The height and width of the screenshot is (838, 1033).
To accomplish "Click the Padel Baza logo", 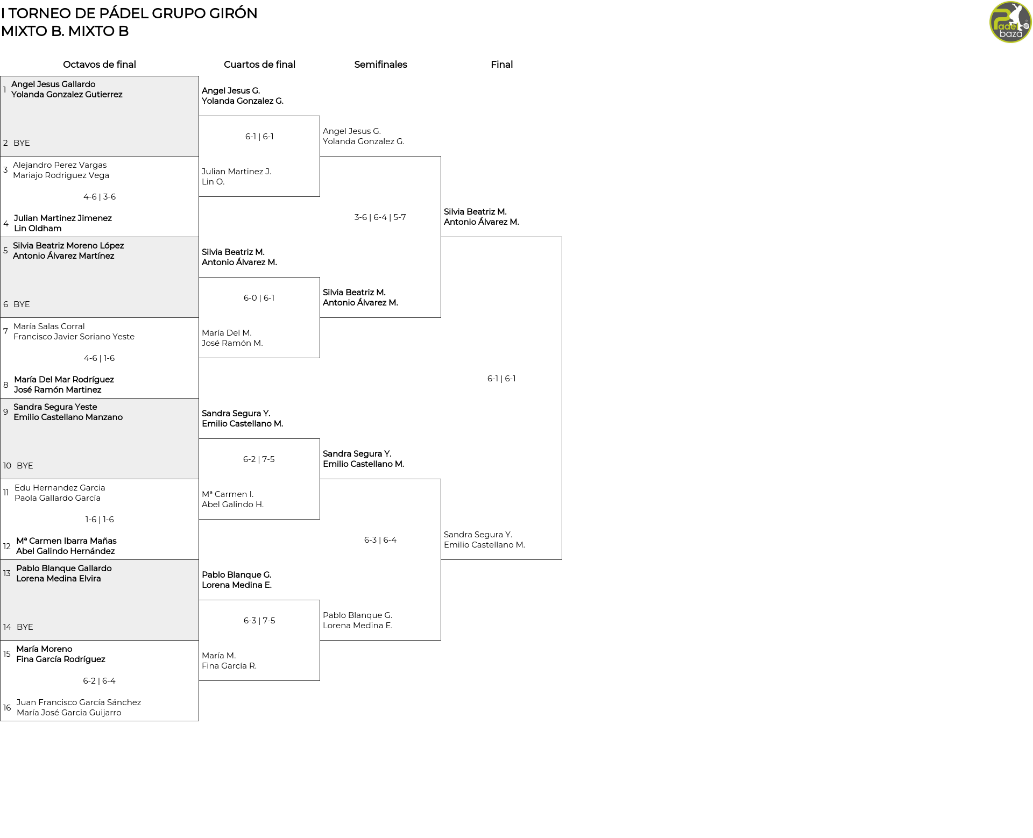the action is tap(1010, 22).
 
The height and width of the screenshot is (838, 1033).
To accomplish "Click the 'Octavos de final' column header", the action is tap(100, 65).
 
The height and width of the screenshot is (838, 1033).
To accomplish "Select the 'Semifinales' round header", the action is tap(380, 65).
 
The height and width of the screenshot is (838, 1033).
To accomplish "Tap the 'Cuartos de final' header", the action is tap(259, 65).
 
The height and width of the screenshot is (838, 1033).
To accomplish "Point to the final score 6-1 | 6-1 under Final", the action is tap(501, 379).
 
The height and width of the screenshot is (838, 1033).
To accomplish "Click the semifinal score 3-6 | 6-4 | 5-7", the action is tap(380, 217).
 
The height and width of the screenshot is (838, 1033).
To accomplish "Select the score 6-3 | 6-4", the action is tap(380, 540).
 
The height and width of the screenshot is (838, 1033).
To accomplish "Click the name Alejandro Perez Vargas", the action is tap(60, 165).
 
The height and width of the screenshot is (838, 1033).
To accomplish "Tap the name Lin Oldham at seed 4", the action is tap(38, 229).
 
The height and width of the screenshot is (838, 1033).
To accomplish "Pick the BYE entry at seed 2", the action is tap(22, 143).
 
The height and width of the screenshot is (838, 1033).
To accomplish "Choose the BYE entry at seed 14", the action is tap(25, 627).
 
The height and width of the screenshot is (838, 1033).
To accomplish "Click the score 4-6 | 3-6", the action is tap(100, 197).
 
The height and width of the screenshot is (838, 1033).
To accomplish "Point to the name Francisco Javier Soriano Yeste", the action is tap(74, 337).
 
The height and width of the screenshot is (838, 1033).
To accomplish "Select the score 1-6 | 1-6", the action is tap(100, 520).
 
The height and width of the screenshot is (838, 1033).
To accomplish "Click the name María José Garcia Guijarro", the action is tap(69, 713).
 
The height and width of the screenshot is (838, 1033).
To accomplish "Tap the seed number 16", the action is tap(7, 708).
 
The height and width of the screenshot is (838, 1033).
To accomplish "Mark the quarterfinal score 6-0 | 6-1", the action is tap(259, 298).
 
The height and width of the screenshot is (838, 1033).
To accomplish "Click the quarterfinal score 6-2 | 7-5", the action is tap(259, 459).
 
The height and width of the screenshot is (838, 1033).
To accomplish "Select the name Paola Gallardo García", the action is tap(58, 498).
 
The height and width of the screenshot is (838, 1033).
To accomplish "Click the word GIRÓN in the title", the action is tap(234, 13).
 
